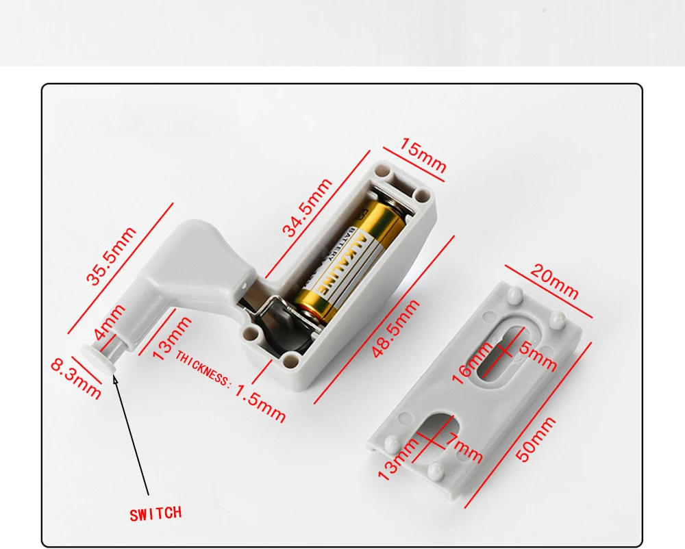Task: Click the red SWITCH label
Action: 156,513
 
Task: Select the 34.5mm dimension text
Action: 308,207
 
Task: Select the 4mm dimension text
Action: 110,322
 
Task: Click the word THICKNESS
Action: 203,368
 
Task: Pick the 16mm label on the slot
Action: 472,363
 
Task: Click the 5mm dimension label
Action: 538,356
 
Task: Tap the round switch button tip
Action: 95,355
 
